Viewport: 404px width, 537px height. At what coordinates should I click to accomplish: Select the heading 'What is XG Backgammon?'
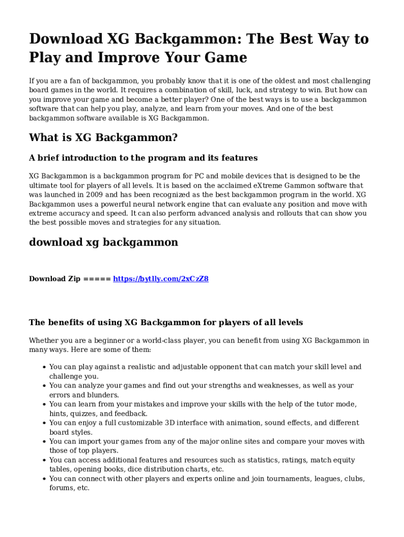tap(103, 138)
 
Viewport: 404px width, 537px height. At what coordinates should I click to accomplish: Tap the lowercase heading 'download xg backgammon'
tap(103, 242)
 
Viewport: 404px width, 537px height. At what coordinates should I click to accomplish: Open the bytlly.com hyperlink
tap(161, 279)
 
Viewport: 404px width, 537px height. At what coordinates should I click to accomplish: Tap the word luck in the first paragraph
tap(247, 90)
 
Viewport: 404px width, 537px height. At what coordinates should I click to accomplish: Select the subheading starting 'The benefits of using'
tap(166, 323)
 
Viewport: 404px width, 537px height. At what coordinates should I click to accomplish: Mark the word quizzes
tap(84, 414)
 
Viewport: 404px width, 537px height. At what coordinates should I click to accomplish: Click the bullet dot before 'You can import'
tap(44, 442)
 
